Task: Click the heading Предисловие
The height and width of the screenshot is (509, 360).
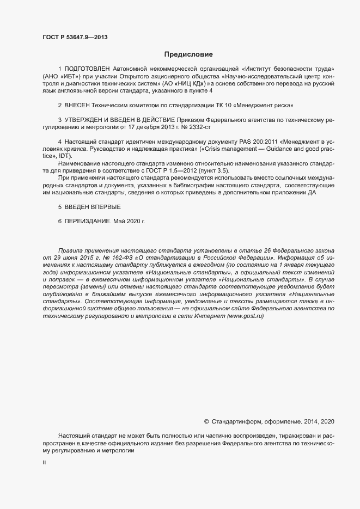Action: pyautogui.click(x=189, y=54)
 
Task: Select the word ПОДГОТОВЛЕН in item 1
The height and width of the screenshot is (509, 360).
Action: pyautogui.click(x=86, y=70)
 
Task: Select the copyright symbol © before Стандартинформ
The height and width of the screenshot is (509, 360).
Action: pyautogui.click(x=206, y=421)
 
